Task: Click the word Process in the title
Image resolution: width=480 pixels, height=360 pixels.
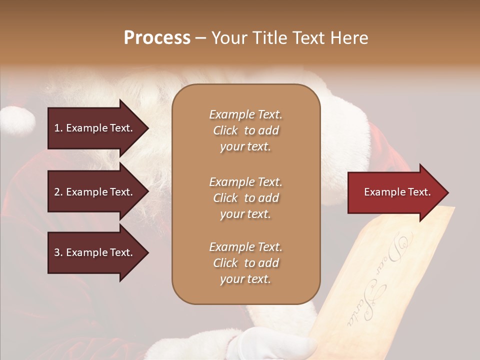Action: pos(157,38)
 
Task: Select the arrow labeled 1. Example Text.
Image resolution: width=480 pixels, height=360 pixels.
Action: pos(95,128)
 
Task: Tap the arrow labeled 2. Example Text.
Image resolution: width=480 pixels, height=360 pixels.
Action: pos(95,192)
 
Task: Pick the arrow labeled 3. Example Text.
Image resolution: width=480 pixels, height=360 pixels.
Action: pos(95,252)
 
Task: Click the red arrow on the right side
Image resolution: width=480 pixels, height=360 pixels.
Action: pos(395,192)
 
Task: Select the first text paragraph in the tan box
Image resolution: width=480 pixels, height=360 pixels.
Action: pos(245,130)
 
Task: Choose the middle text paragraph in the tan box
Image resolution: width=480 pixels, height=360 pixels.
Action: pos(245,198)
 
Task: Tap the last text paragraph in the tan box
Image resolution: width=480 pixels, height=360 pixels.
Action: pos(245,263)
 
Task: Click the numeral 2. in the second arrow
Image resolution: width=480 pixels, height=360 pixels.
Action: pos(58,192)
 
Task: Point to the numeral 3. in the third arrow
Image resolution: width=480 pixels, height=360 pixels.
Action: pos(58,252)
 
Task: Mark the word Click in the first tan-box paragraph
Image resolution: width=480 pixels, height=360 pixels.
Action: pos(225,130)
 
